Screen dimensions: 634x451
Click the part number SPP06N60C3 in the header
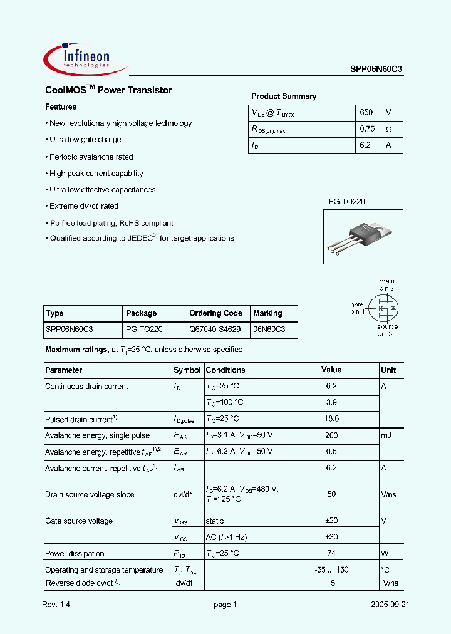(376, 70)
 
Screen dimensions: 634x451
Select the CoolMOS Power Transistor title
(108, 90)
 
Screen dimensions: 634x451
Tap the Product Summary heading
(284, 96)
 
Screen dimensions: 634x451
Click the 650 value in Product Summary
(366, 112)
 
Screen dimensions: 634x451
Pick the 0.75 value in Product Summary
(367, 128)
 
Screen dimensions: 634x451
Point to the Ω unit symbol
(389, 128)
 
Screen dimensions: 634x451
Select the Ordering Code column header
(215, 313)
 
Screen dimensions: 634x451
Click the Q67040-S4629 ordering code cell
(215, 329)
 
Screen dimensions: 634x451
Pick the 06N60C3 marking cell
(269, 329)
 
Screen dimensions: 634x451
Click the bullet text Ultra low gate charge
(85, 140)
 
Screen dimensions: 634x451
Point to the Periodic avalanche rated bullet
(91, 157)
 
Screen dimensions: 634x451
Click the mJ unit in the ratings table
(387, 435)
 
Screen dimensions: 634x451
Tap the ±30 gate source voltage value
(331, 537)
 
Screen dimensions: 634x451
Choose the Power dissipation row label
(75, 553)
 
